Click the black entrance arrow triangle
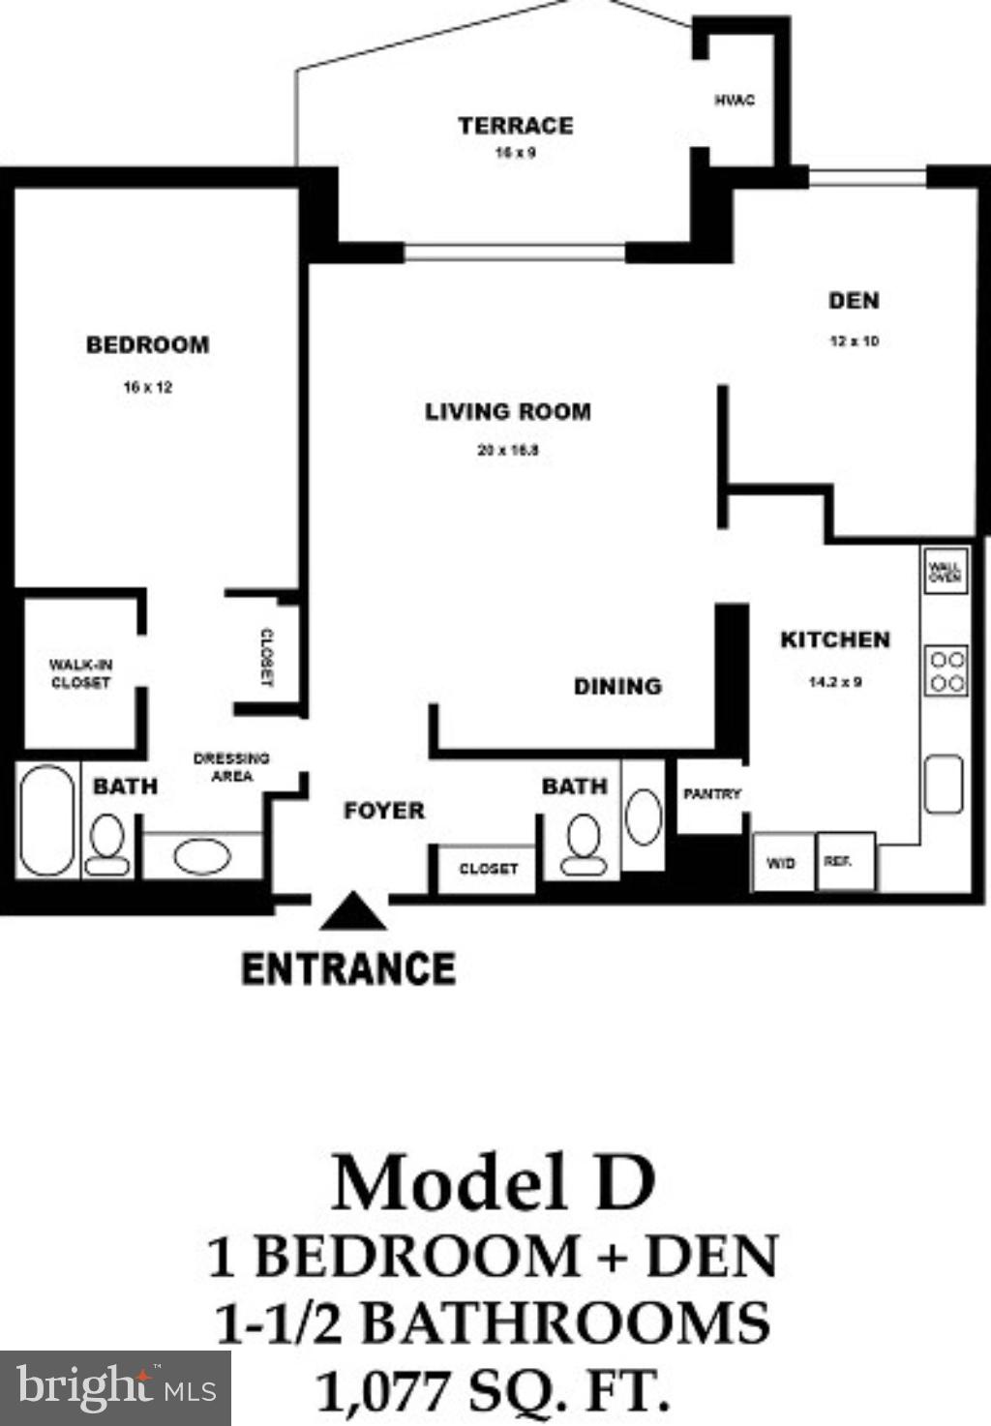(x=352, y=912)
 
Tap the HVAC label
(x=735, y=100)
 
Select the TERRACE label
(x=515, y=126)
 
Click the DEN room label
(x=854, y=301)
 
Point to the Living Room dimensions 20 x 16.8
(x=507, y=450)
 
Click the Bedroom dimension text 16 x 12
(x=147, y=387)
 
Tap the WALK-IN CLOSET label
(x=80, y=673)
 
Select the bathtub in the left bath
(x=46, y=820)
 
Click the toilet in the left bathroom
(x=106, y=845)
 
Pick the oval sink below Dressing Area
(x=201, y=856)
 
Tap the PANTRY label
(x=711, y=794)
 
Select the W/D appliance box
(x=782, y=862)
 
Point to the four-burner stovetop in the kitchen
(x=946, y=671)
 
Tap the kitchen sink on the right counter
(x=944, y=785)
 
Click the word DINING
(x=617, y=687)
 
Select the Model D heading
(x=494, y=1182)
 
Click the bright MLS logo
(x=115, y=1388)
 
